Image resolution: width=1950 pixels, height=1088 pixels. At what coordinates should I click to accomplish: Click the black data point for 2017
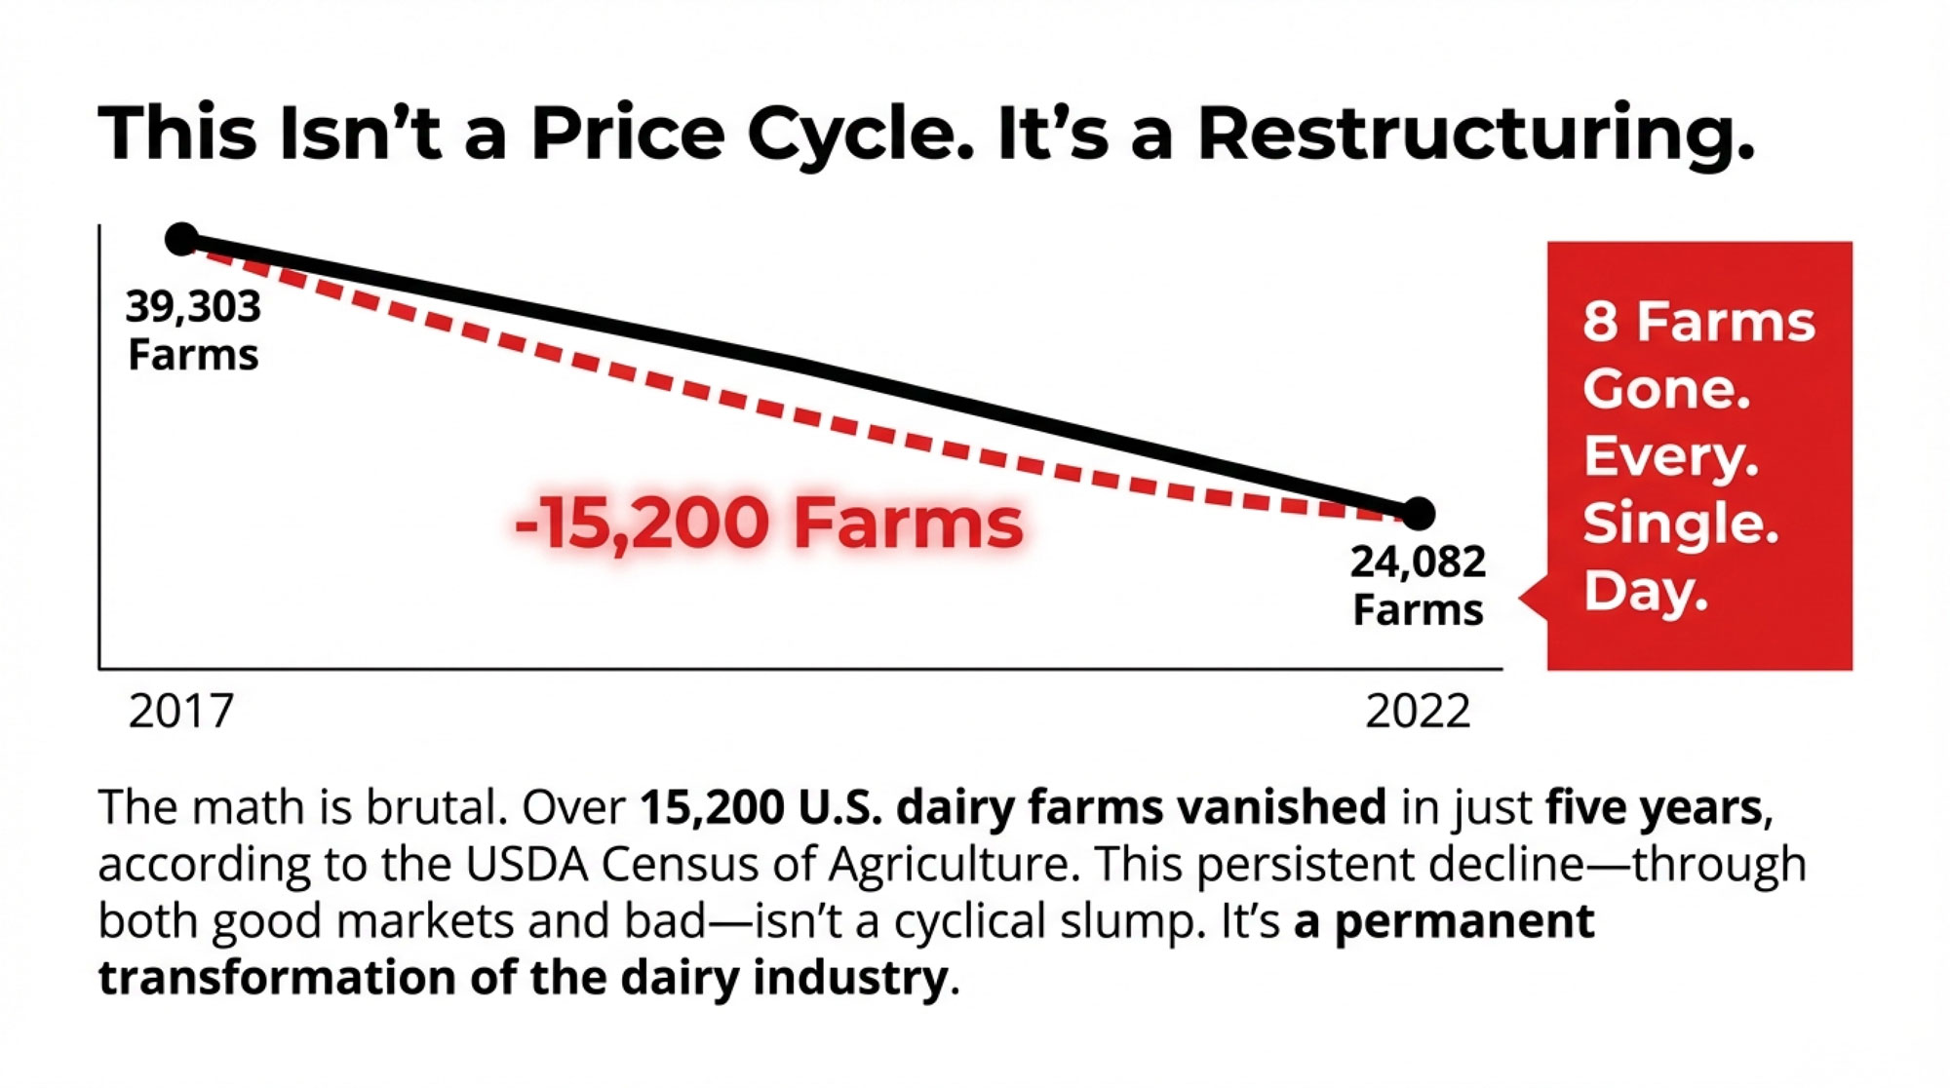(181, 239)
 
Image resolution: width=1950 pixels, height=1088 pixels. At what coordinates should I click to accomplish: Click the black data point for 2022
(1419, 513)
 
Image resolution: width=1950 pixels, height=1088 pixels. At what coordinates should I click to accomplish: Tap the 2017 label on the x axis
(181, 712)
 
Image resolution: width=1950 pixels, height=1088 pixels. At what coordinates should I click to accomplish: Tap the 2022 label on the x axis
(1418, 712)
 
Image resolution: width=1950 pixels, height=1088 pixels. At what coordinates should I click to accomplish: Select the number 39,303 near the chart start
(193, 308)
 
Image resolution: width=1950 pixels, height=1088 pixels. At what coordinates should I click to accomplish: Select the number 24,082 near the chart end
(1418, 563)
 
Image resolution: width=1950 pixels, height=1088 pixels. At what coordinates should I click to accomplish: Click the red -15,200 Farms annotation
(768, 524)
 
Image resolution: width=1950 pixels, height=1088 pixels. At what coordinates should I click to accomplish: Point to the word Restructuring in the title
(1475, 134)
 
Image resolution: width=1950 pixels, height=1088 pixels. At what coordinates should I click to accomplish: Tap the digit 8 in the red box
(1600, 322)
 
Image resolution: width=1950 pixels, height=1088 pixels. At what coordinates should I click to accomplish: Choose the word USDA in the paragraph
(526, 864)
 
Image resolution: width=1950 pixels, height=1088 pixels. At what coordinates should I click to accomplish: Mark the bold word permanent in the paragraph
(1463, 921)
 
